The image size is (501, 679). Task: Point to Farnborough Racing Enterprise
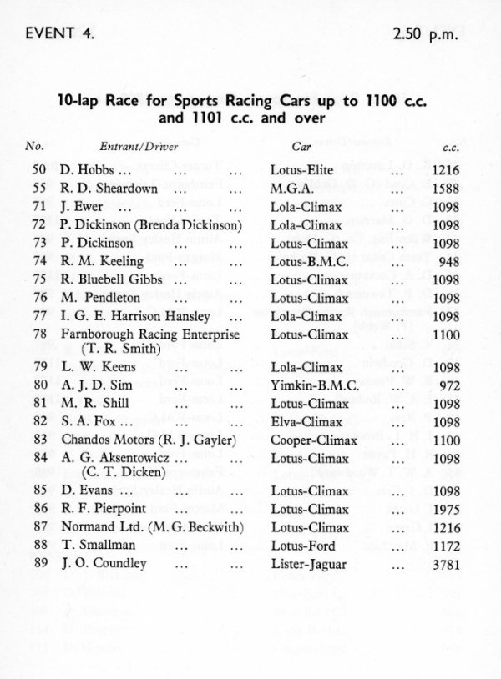click(x=150, y=334)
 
